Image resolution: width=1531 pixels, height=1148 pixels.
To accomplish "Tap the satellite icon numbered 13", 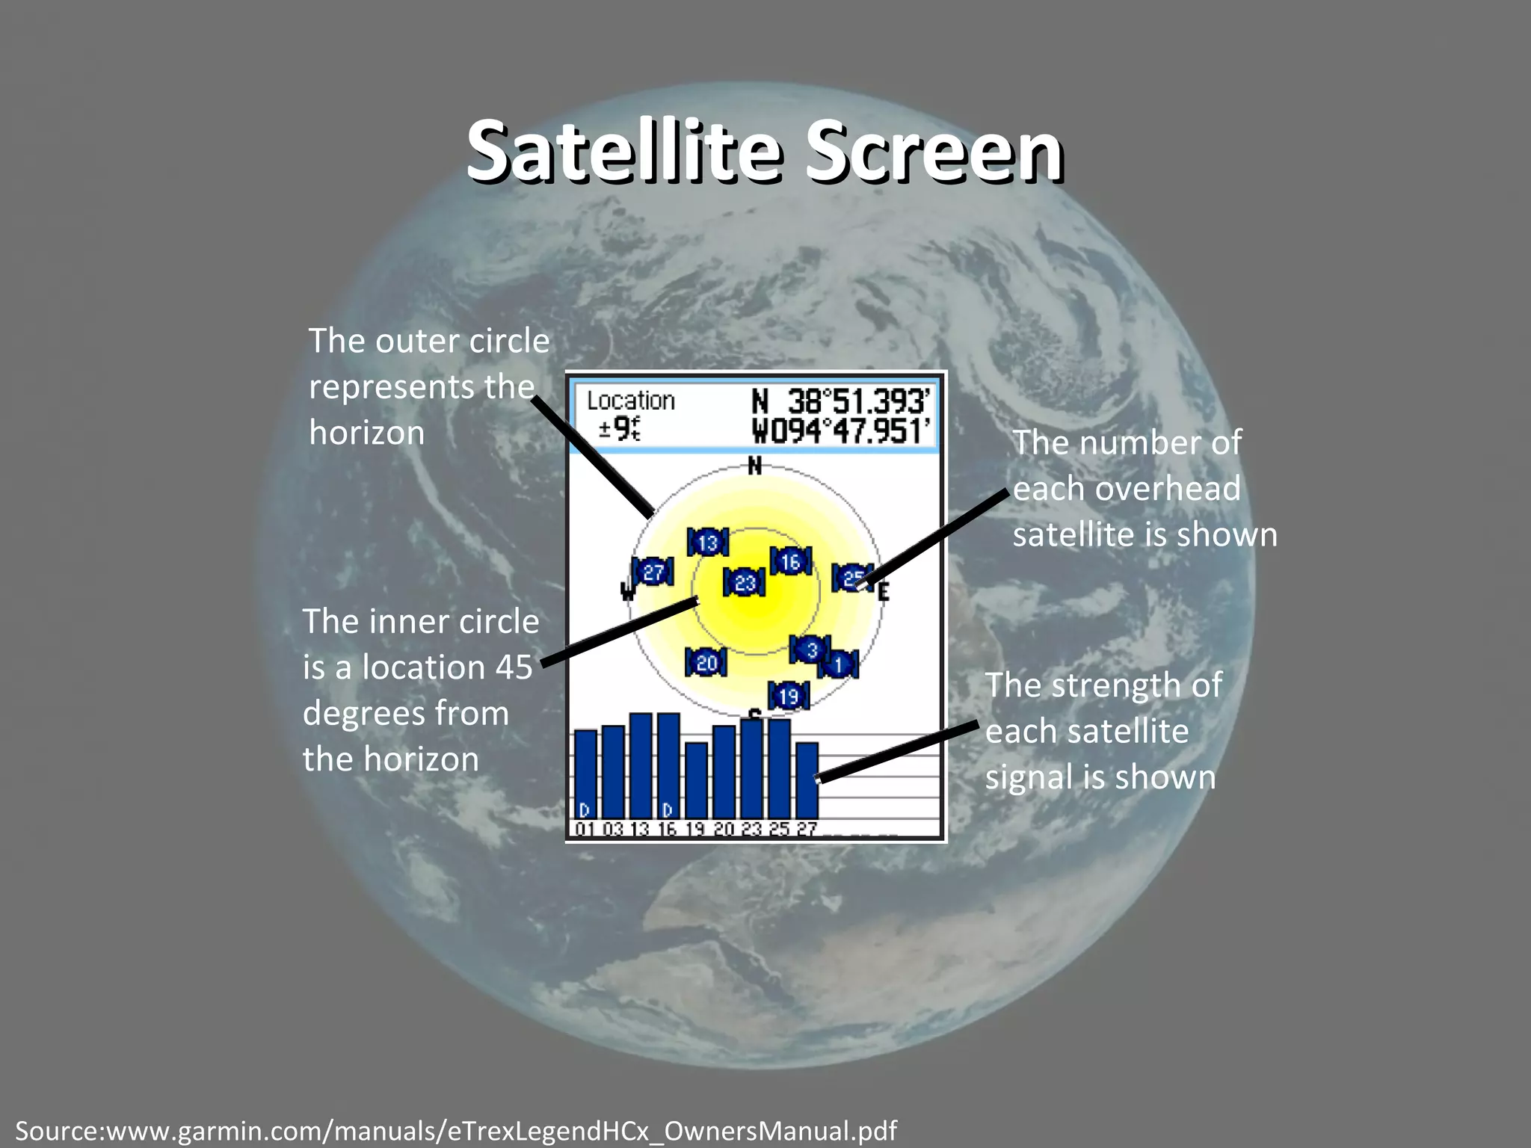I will pos(707,542).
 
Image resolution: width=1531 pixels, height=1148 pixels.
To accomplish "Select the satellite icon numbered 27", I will pos(653,573).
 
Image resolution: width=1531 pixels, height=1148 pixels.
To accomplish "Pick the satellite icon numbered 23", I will pos(744,582).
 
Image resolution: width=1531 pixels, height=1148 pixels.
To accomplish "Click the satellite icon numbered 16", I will pos(790,561).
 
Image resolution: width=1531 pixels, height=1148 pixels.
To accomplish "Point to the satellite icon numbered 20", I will pos(706,662).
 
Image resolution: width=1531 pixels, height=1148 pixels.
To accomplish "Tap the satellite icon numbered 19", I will pos(788,697).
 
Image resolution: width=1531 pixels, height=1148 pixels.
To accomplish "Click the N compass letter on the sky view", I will pos(755,466).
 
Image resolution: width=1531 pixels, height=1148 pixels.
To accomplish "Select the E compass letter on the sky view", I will pos(884,593).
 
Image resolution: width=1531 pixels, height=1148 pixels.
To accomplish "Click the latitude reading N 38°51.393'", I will pos(840,401).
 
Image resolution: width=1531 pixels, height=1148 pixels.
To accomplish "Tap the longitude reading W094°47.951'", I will pos(840,431).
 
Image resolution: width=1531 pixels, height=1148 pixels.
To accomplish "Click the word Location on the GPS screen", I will pos(630,401).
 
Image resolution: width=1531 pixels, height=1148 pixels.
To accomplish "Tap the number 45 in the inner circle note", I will pos(514,667).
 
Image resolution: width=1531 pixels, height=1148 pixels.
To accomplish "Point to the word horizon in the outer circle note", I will pos(366,433).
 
